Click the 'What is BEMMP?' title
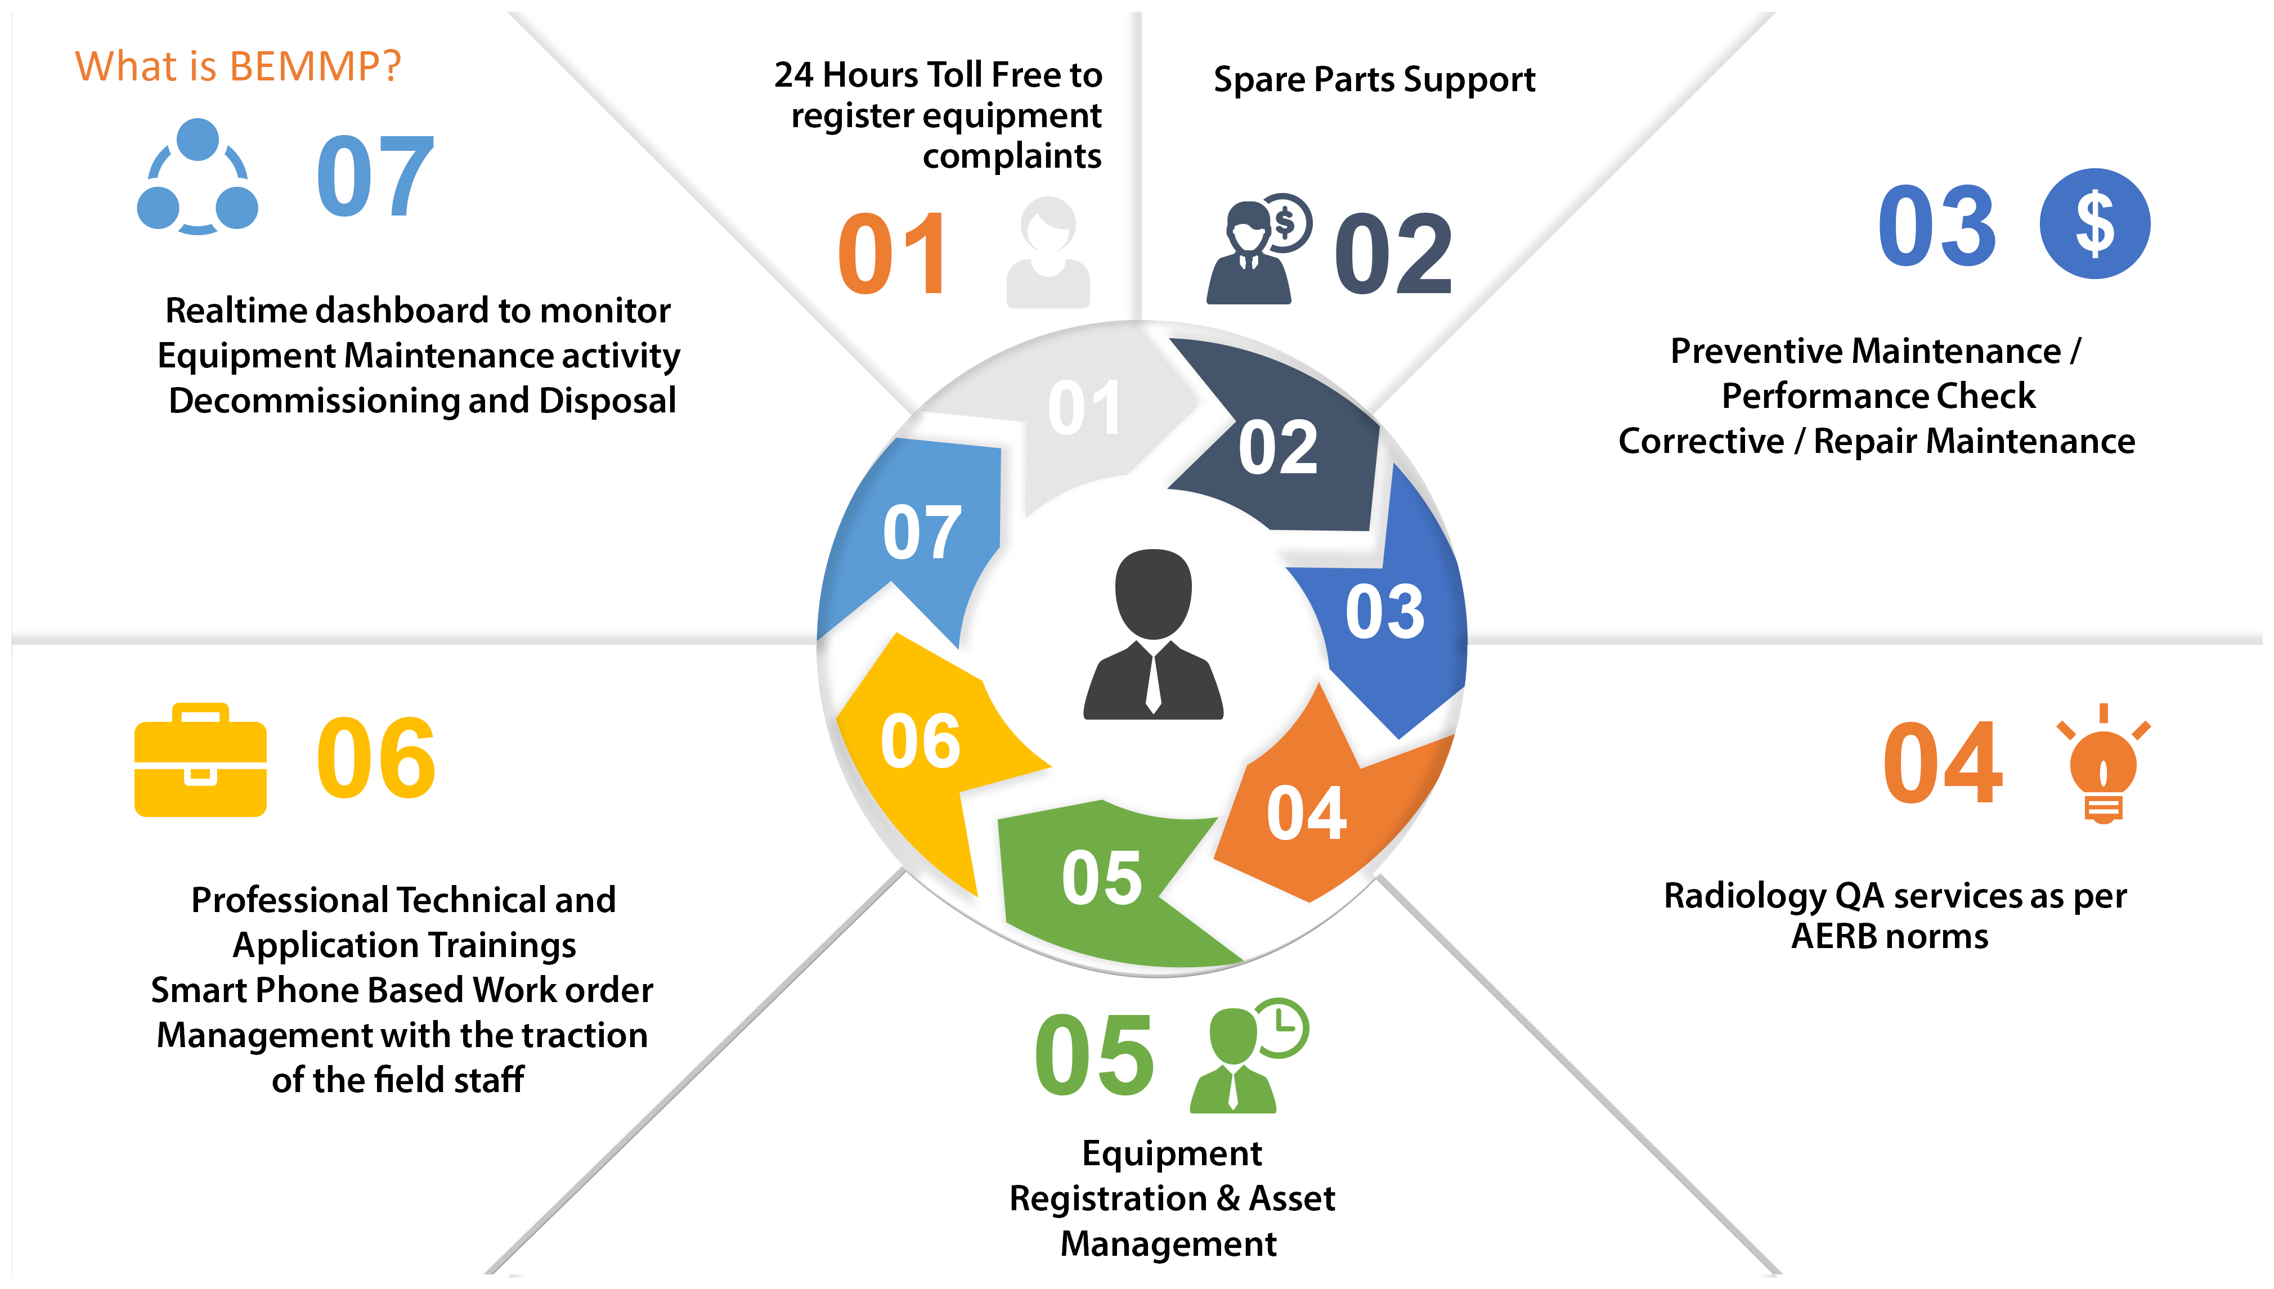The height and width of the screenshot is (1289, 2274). click(237, 66)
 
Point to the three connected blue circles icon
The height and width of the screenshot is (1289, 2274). click(198, 177)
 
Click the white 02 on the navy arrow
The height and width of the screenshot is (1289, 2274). click(1277, 448)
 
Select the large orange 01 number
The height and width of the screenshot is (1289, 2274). click(892, 255)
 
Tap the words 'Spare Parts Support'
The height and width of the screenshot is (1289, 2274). click(1374, 80)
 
